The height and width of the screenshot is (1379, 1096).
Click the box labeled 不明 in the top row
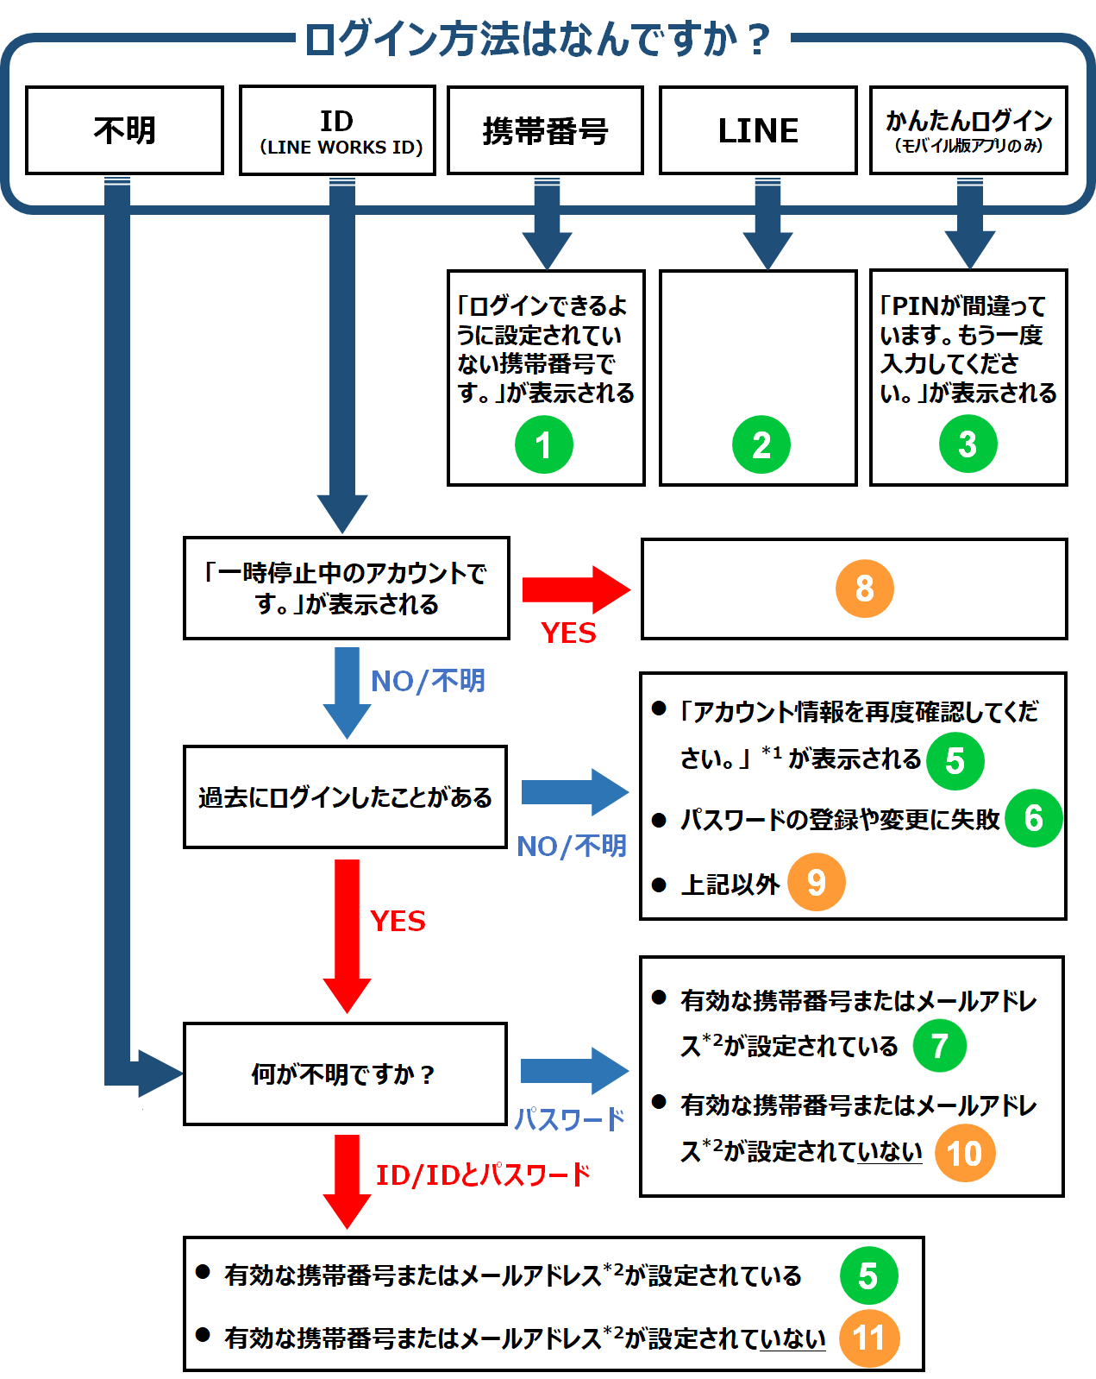[x=124, y=130]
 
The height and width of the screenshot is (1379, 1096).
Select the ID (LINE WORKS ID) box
[x=337, y=130]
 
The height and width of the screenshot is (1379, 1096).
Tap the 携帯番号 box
[x=545, y=130]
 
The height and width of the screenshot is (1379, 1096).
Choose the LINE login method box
[x=758, y=130]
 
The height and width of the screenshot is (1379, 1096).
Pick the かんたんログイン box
[x=968, y=130]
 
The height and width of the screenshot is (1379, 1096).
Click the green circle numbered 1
[x=543, y=444]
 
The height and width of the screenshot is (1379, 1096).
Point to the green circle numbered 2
[x=761, y=444]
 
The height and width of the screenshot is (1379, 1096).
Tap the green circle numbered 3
[x=968, y=444]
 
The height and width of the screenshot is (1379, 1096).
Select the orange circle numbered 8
[x=864, y=589]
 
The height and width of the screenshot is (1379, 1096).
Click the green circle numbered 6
[x=1033, y=818]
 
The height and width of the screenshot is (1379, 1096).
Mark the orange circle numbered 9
[x=816, y=882]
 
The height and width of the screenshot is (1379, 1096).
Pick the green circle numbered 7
[x=939, y=1045]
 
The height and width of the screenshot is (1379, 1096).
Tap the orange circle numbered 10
[x=964, y=1153]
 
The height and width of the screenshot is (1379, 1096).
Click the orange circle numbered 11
[x=868, y=1338]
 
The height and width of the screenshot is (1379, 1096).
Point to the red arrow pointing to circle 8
[x=575, y=590]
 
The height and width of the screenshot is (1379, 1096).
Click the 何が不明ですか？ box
[x=344, y=1074]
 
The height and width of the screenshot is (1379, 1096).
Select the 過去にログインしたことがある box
[x=344, y=797]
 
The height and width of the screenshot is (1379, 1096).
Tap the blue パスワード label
[x=569, y=1120]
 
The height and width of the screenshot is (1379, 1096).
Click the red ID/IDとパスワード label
[x=483, y=1174]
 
